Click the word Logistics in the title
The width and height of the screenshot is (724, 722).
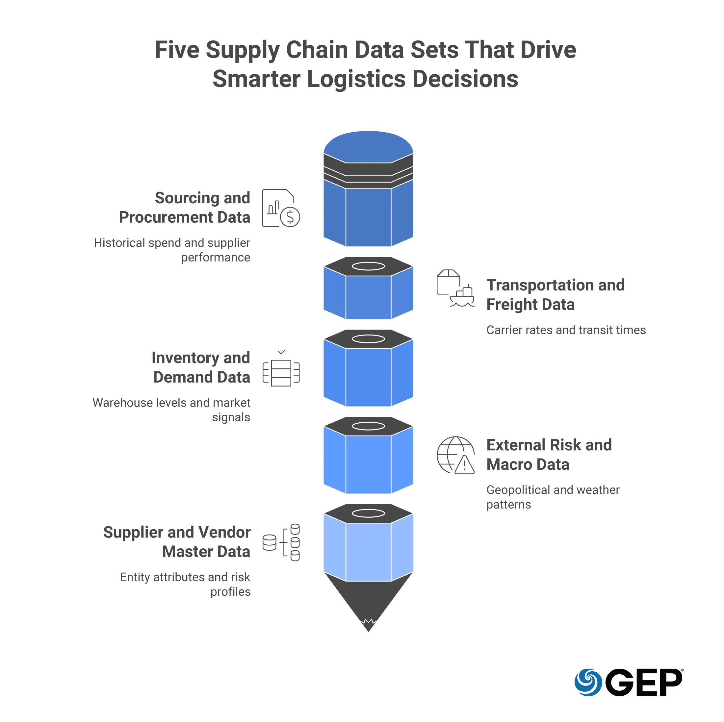(356, 79)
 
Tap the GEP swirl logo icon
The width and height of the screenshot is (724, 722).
(588, 682)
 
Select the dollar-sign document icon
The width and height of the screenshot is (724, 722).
(281, 208)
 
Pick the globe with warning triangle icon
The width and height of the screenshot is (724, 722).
(455, 455)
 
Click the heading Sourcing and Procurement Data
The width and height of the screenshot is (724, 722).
(184, 208)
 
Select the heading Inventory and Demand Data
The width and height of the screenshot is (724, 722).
(201, 367)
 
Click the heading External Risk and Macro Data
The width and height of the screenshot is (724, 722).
(549, 455)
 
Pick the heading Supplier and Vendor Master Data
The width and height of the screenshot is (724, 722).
(177, 542)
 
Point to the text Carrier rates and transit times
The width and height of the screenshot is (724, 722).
(566, 330)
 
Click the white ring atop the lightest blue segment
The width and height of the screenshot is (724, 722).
(368, 513)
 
